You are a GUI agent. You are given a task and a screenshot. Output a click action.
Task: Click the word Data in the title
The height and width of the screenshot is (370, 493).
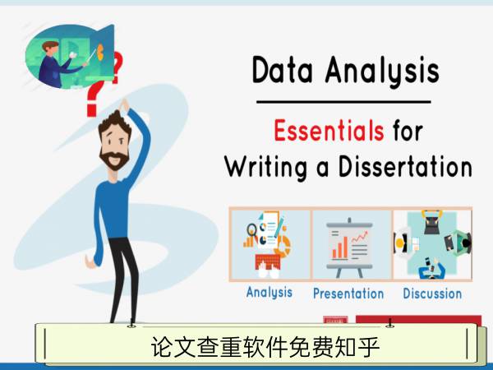283,70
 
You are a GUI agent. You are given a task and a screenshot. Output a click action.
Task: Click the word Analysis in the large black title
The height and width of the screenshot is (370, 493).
382,72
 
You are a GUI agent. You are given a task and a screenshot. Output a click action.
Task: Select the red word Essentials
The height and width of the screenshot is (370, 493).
329,130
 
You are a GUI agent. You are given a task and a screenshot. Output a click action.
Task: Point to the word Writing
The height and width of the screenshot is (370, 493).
265,169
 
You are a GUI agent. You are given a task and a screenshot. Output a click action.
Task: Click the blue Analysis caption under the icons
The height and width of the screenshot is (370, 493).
270,292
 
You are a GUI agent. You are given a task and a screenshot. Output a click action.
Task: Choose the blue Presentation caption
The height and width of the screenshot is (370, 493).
348,294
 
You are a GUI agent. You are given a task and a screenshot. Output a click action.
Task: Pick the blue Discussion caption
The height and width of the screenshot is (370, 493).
432,294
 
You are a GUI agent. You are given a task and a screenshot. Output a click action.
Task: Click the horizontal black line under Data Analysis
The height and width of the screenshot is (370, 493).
343,102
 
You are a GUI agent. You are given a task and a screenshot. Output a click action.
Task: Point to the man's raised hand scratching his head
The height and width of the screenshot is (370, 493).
124,105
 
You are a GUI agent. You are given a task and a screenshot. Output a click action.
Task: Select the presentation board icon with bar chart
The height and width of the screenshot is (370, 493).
350,247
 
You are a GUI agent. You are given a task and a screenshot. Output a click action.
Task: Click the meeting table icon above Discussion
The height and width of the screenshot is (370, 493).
432,245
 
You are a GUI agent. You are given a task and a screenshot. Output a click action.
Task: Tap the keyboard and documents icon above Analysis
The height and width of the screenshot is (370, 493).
268,245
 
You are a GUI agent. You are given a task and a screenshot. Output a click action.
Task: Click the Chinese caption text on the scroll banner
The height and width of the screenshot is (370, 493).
265,347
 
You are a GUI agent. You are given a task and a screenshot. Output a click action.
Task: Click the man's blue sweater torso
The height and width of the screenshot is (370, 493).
114,209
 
